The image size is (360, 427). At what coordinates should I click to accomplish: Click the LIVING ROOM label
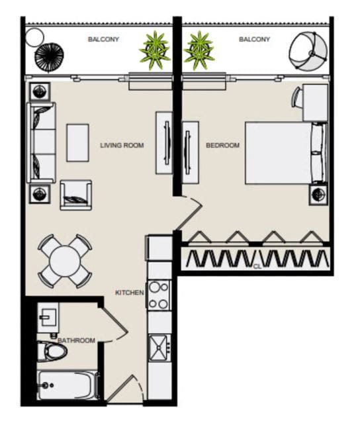coord(122,145)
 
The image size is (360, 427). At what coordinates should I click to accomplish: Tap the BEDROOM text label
coord(222,145)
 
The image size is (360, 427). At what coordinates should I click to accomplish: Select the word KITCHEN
coord(130,293)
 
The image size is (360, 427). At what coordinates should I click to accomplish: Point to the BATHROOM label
coord(76,340)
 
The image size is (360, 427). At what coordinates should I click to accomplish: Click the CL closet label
coord(256,267)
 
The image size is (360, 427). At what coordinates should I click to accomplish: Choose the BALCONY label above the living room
coord(103,40)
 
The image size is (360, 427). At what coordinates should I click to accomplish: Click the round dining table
coord(65,260)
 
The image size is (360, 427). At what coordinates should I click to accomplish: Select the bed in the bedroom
coord(285,153)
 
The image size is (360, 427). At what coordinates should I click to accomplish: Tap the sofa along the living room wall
coord(41,142)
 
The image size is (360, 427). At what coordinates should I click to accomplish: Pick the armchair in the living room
coord(76,195)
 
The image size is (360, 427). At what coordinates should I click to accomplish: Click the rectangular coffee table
coord(77,142)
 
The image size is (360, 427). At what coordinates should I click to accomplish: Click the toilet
coord(52,351)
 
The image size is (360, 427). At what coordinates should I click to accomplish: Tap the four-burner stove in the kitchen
coord(159,295)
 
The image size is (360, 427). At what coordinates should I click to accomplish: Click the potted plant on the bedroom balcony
coord(199,50)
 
